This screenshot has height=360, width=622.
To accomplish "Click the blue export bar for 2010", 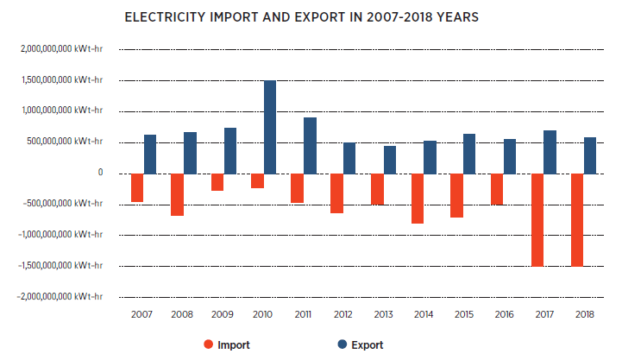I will (x=270, y=127).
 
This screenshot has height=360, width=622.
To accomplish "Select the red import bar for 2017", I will (x=537, y=220).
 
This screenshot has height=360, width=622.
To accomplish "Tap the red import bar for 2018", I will (x=577, y=220).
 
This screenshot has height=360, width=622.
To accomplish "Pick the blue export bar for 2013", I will (x=390, y=160).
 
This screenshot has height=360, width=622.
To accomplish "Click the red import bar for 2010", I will (x=257, y=180).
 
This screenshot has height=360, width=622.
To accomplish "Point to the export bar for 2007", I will (x=150, y=154).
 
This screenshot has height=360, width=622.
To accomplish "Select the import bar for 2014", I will (x=418, y=199).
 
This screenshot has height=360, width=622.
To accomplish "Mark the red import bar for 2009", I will (x=217, y=182).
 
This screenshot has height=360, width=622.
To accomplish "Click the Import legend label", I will (x=234, y=345).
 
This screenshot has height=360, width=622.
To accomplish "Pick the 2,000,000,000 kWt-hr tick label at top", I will (x=60, y=48).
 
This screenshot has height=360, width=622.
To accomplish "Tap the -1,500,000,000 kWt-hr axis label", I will (x=58, y=265).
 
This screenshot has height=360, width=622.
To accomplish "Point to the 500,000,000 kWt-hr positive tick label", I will (x=63, y=142).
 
